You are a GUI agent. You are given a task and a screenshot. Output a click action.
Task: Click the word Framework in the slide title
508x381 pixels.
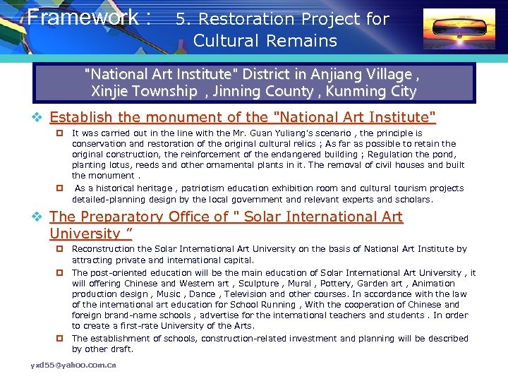click(x=83, y=16)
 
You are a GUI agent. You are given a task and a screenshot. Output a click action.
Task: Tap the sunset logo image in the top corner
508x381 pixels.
click(x=459, y=29)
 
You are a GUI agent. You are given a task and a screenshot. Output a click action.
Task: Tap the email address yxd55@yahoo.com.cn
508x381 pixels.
click(x=73, y=365)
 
